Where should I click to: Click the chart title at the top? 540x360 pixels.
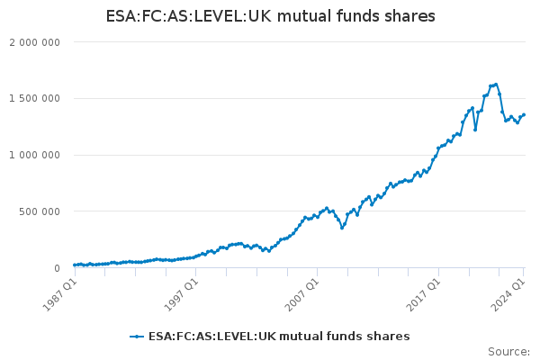[x=270, y=16]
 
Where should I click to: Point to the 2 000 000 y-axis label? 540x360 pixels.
[x=34, y=42]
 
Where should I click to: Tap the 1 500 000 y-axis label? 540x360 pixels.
[x=34, y=99]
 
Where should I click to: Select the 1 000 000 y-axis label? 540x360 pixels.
[x=34, y=156]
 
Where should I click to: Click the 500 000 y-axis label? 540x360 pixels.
[x=40, y=211]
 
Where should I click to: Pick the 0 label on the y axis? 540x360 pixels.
[x=57, y=268]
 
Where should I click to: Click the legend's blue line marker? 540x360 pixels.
[x=137, y=337]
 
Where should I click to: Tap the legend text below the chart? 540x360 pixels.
[x=279, y=337]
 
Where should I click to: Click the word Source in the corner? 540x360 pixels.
[x=508, y=352]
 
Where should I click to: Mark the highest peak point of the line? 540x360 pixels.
[x=496, y=85]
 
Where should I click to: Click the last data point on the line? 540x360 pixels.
[x=524, y=114]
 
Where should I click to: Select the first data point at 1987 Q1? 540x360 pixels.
[x=75, y=265]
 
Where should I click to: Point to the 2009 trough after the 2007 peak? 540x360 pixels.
[x=342, y=228]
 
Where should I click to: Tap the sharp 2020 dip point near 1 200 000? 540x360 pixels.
[x=475, y=130]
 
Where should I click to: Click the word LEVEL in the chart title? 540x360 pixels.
[x=220, y=16]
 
